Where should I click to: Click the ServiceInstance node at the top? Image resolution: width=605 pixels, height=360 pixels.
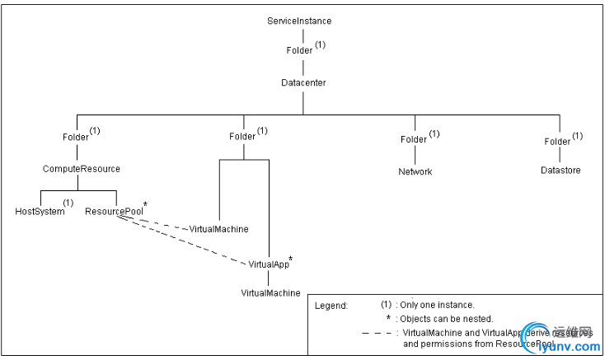pos(300,20)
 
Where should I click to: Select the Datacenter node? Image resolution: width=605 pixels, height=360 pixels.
pos(303,83)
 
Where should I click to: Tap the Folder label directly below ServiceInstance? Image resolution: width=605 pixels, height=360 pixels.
pos(299,50)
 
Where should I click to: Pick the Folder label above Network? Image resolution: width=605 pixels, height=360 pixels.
pos(414,139)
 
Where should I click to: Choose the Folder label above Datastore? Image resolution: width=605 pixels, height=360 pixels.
pos(557,141)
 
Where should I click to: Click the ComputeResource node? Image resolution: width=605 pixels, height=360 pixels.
pos(82,169)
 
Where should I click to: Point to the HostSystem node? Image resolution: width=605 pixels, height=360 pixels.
pos(40,211)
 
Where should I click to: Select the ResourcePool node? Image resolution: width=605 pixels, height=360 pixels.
pos(114,211)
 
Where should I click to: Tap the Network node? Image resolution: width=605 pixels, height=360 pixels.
pos(415,171)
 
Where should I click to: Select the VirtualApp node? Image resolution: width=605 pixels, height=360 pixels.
pos(269,264)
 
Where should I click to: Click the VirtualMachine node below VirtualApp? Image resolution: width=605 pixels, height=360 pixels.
pos(270,292)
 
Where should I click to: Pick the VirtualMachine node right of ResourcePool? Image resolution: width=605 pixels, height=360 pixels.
pos(218,228)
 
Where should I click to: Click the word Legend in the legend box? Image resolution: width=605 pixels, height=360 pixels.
pos(331,305)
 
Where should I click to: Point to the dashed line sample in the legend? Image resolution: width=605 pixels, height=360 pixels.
pos(378,333)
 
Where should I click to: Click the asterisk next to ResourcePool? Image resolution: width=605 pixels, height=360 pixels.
pos(146,203)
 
